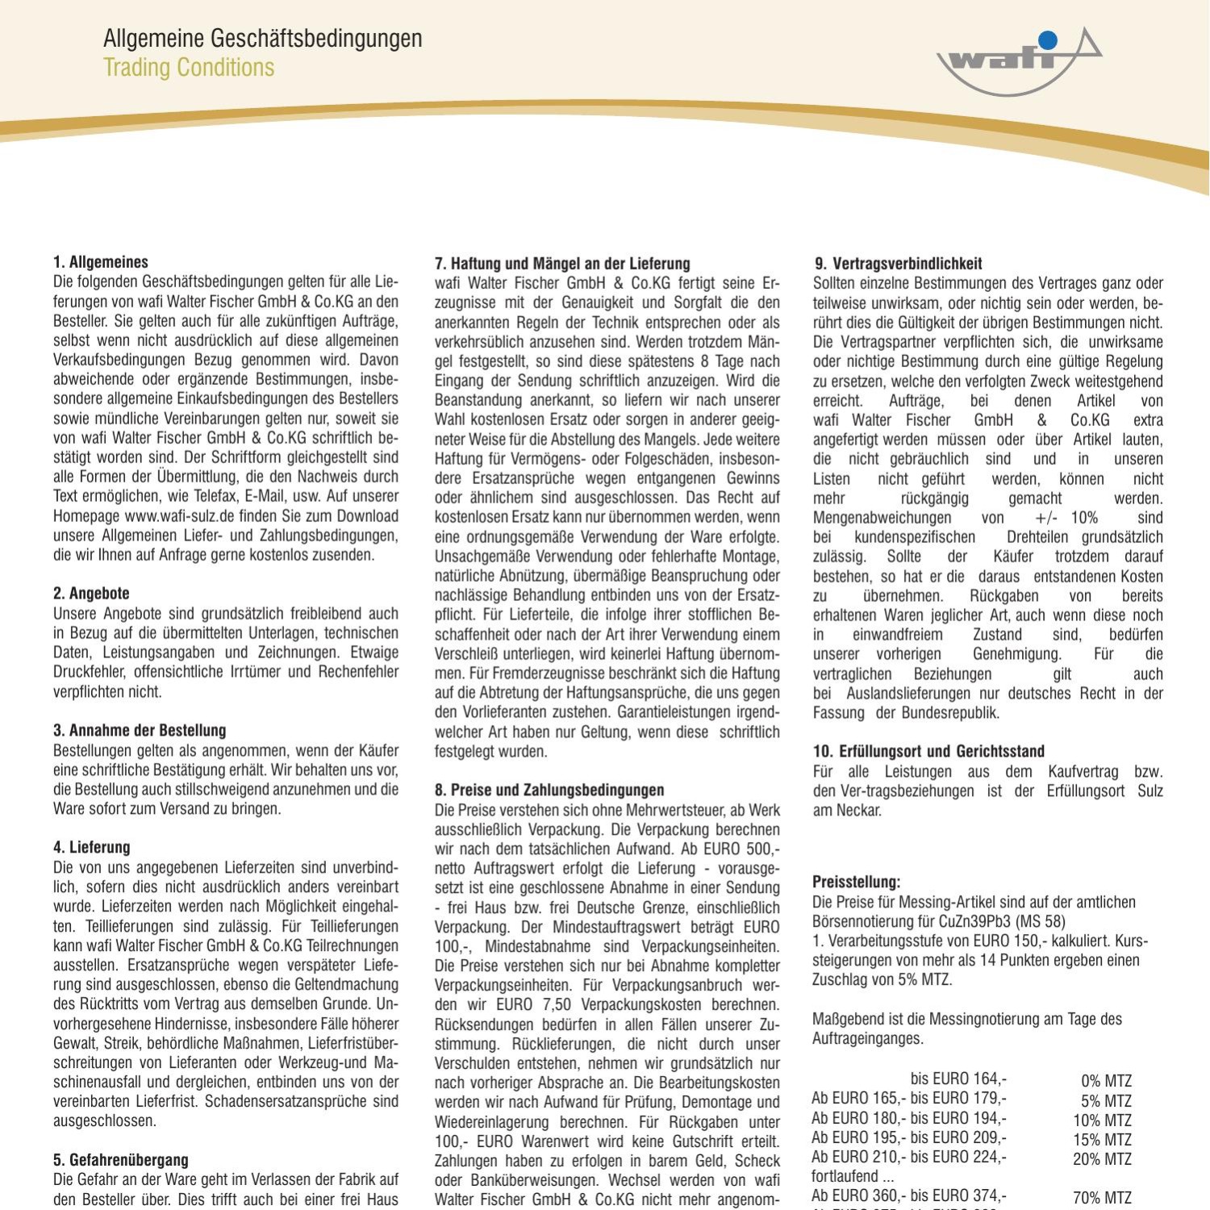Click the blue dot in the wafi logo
[x=1047, y=40]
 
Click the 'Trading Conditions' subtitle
[x=189, y=68]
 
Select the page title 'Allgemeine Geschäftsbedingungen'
[x=262, y=38]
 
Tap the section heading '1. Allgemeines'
[x=101, y=262]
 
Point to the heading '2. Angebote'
[x=91, y=594]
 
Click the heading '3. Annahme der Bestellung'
[x=140, y=731]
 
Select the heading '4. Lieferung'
[x=91, y=848]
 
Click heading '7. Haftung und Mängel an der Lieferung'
[x=562, y=264]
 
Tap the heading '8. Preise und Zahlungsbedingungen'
[x=549, y=791]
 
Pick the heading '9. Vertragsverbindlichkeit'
[x=898, y=264]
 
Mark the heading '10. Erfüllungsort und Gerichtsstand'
[x=928, y=752]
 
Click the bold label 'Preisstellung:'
[x=856, y=882]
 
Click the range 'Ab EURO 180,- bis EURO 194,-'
[x=909, y=1119]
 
